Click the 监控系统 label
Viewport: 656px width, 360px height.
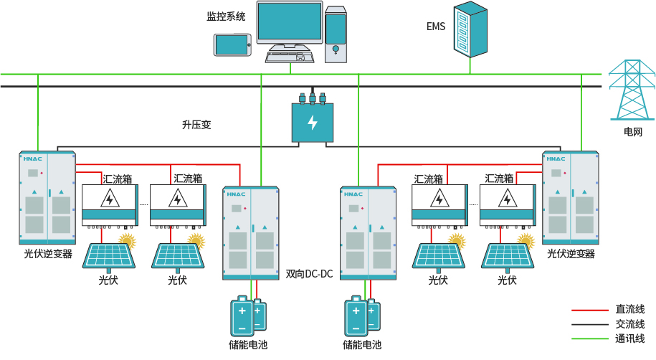226,16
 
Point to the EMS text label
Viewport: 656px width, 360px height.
436,27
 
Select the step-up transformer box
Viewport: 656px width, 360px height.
313,121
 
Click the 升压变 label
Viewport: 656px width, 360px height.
196,124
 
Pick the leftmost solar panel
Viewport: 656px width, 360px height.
110,256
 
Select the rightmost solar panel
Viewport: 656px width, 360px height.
508,256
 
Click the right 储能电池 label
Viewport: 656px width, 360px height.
362,346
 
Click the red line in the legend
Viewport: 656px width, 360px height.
590,311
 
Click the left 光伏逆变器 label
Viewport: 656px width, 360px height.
48,254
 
